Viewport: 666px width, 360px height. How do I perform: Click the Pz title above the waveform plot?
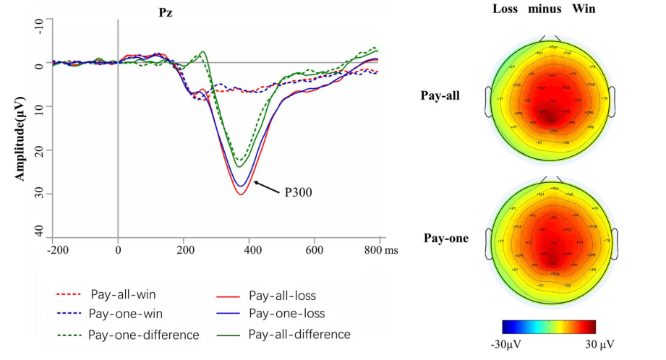166,13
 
